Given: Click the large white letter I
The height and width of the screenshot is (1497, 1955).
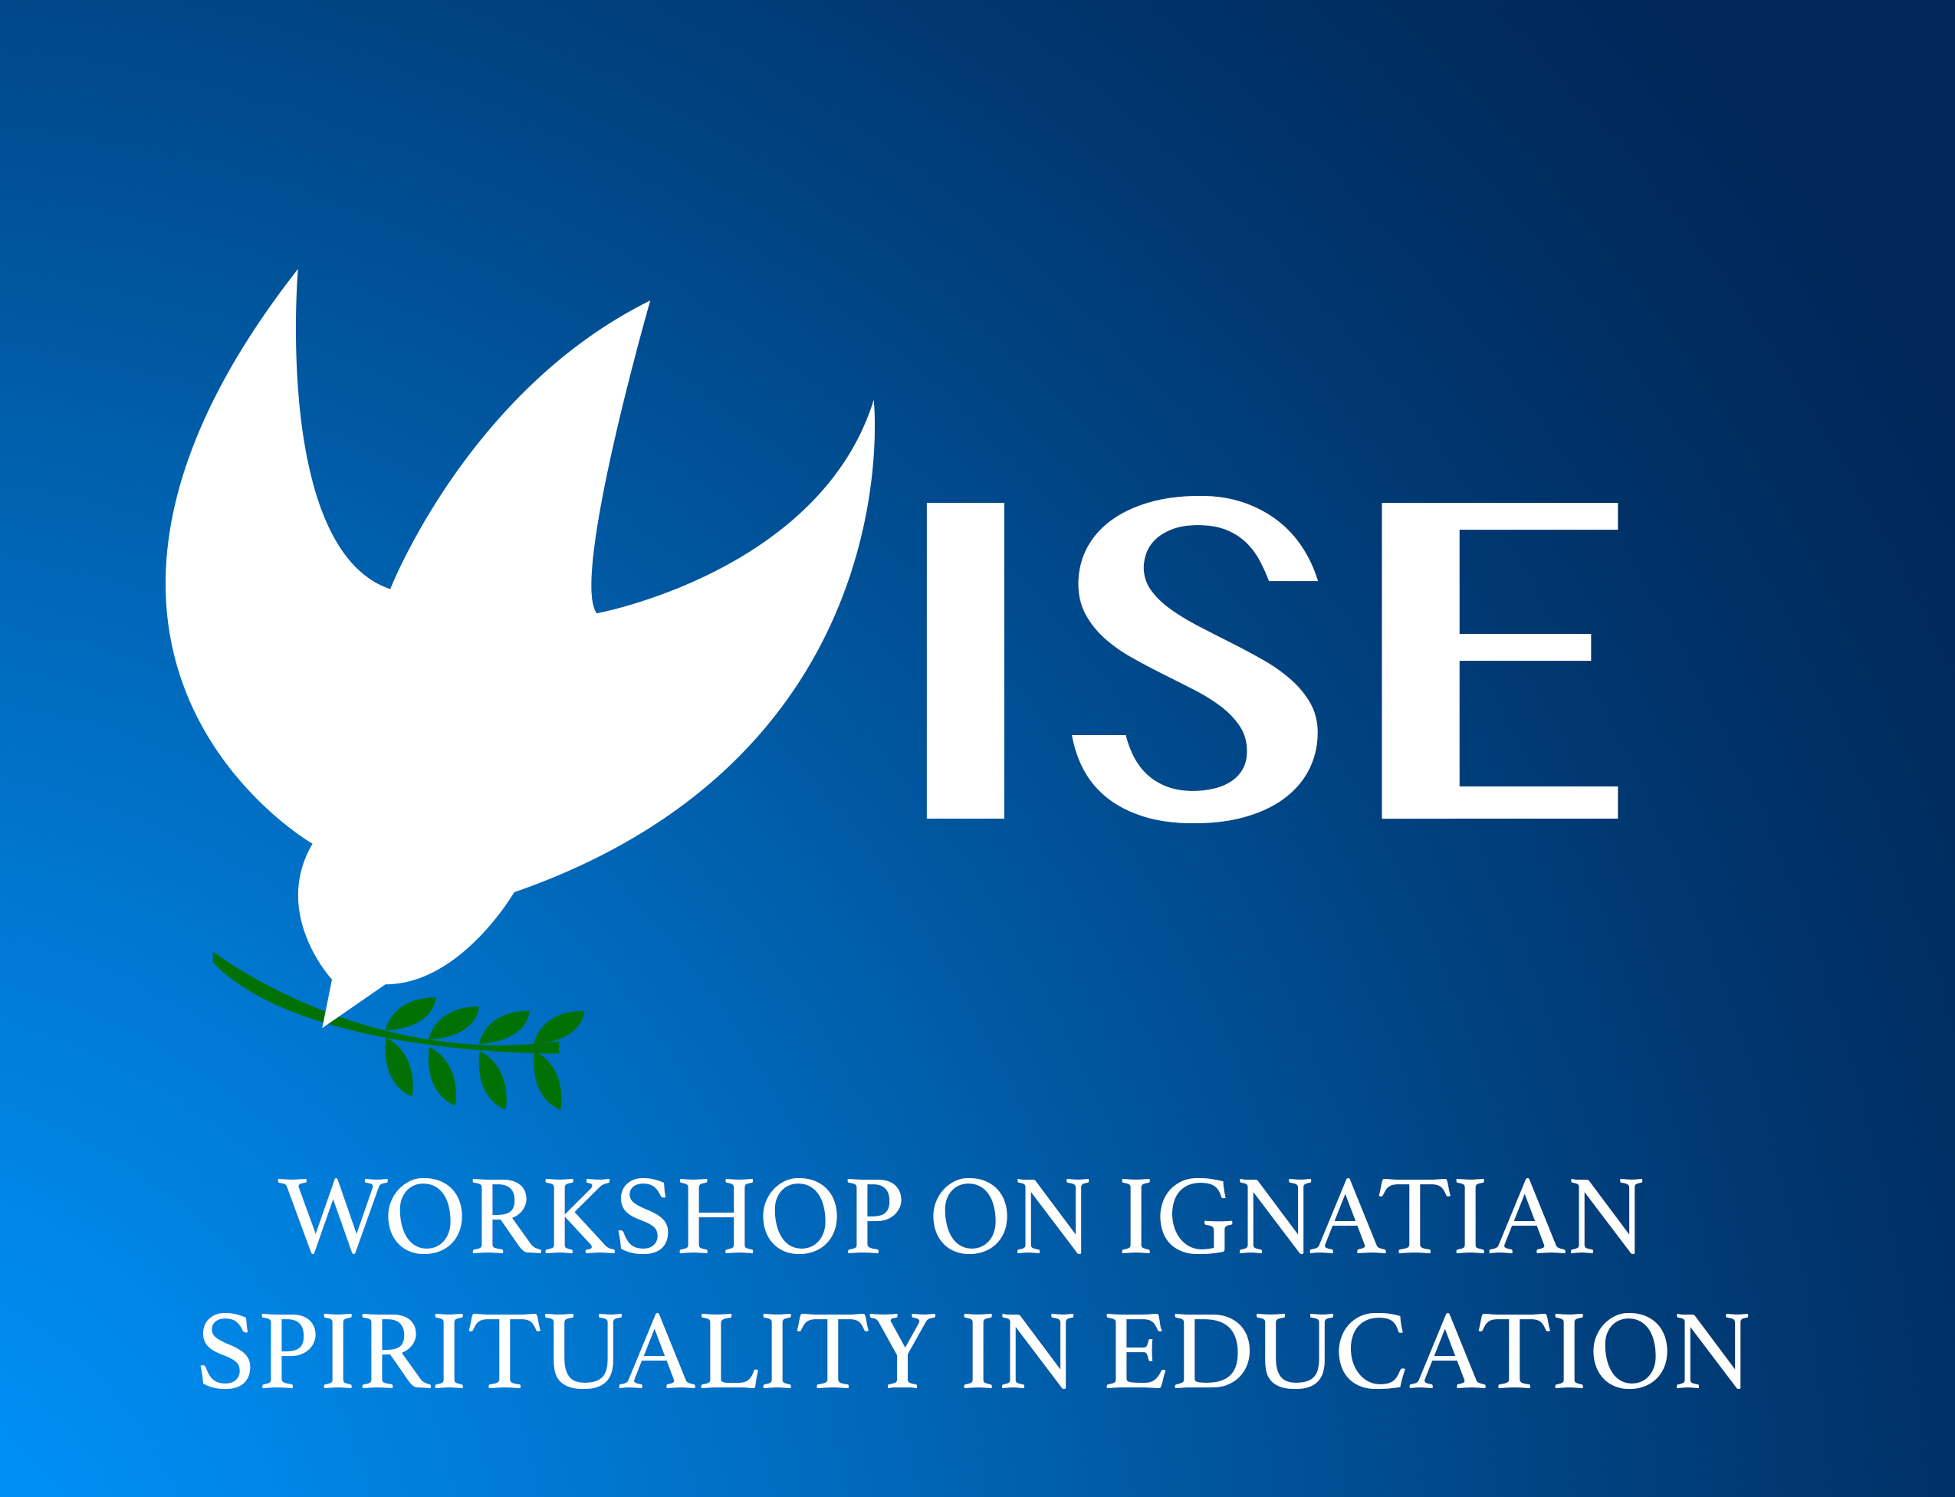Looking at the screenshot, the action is tap(965, 660).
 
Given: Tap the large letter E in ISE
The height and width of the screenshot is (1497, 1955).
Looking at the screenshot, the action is tap(1500, 660).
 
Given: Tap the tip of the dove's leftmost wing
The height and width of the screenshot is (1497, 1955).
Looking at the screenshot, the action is tap(297, 269).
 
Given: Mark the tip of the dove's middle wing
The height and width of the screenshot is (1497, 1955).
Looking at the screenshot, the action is tap(649, 301).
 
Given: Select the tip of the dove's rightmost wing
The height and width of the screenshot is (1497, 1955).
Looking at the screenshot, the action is tap(873, 400).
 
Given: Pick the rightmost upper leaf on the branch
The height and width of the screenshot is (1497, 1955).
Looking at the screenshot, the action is tap(560, 1026).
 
